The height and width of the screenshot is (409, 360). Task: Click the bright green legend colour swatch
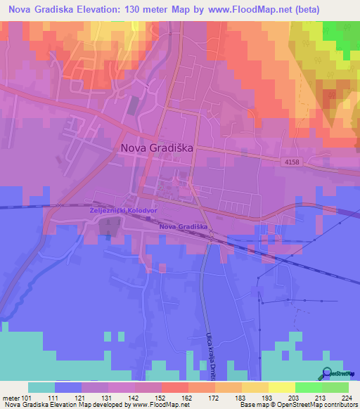[x=308, y=387]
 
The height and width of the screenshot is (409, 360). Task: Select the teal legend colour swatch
[x=41, y=387]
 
